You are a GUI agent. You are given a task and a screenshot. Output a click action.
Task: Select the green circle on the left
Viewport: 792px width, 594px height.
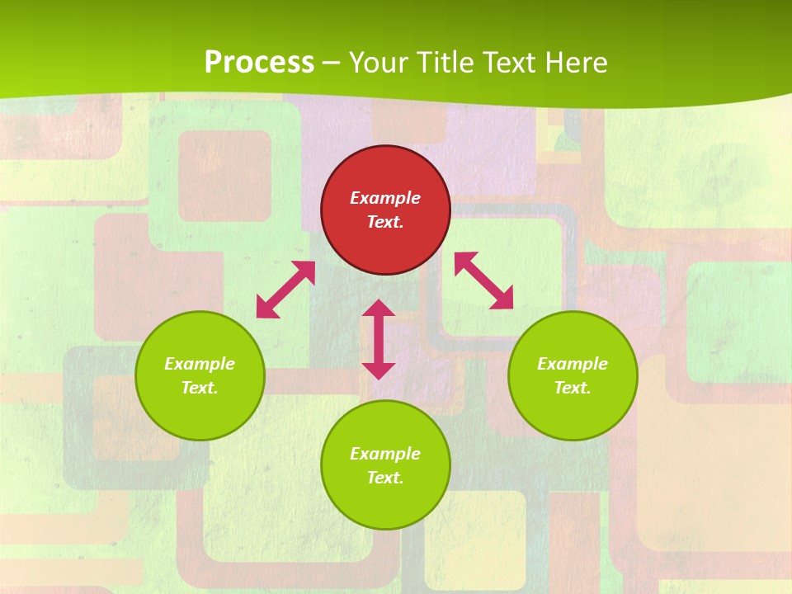point(200,375)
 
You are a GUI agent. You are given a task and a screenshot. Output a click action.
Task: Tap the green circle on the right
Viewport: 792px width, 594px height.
point(573,375)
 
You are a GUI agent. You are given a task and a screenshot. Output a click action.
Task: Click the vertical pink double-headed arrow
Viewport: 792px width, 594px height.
point(379,339)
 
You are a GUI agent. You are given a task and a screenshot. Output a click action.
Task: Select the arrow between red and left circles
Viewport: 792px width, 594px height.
point(286,290)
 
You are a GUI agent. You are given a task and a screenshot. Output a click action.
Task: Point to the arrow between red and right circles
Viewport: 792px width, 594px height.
point(483,281)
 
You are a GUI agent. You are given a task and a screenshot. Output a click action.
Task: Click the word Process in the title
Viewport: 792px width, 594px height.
point(259,62)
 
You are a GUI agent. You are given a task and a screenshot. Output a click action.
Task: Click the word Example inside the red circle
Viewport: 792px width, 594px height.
point(385,198)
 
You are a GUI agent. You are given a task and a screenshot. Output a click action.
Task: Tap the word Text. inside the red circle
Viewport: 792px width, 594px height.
point(385,222)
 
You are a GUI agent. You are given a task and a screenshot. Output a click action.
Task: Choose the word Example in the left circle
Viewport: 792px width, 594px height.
point(200,364)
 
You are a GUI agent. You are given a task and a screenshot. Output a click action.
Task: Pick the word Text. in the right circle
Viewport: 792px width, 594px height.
point(573,388)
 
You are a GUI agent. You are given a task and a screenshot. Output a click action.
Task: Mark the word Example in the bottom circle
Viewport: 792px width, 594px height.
point(385,454)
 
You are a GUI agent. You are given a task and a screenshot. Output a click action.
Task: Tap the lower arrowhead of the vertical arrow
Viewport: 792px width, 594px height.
point(379,370)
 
